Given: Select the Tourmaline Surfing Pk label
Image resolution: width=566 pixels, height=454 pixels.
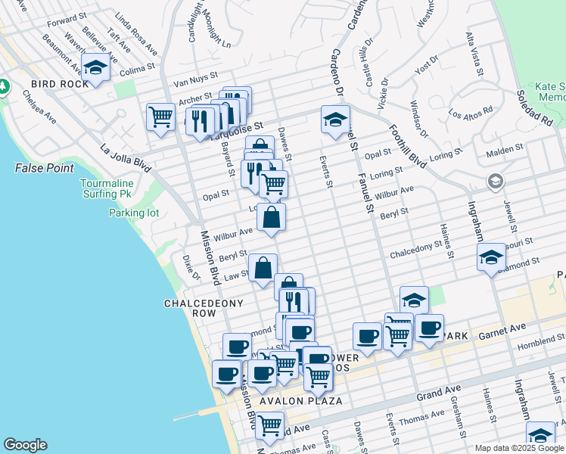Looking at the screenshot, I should tap(108, 188).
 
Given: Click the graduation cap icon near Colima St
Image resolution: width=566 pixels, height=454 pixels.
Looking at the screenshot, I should tap(96, 68).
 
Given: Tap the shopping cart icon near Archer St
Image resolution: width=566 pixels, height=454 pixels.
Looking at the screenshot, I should tap(160, 117).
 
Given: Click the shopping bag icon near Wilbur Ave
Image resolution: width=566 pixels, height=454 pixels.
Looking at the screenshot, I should tap(271, 218).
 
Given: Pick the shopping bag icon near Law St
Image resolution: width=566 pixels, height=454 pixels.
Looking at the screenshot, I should tap(263, 268).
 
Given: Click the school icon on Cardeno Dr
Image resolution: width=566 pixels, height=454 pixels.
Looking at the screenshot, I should tap(335, 119).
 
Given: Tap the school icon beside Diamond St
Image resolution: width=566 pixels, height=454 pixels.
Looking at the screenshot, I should tap(491, 258).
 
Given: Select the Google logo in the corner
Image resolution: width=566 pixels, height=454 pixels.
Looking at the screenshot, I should tap(25, 445).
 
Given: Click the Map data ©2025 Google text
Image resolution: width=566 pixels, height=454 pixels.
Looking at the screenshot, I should tap(520, 448).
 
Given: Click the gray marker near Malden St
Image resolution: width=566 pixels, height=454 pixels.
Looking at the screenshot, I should tap(495, 180).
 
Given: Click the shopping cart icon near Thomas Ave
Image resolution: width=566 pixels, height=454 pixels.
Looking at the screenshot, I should tap(269, 425).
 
